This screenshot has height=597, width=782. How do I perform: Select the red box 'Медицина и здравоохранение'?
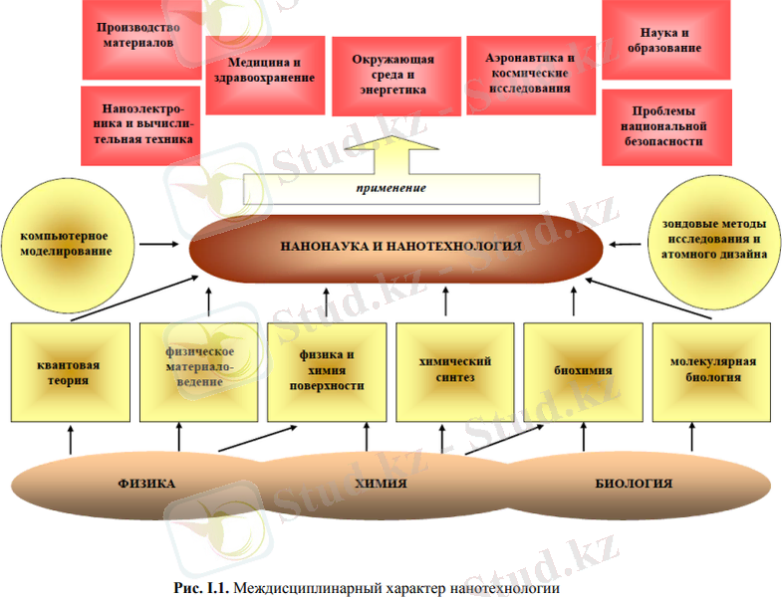tap(264, 70)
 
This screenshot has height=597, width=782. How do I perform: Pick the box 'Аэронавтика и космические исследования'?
tap(529, 73)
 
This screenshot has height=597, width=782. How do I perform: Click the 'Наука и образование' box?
tap(666, 40)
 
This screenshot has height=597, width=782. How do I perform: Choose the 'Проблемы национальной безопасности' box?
tap(667, 126)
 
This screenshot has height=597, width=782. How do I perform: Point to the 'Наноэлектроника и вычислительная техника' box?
tap(138, 124)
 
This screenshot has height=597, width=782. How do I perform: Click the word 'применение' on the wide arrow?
tap(391, 187)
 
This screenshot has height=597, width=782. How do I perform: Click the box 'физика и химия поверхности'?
tap(330, 371)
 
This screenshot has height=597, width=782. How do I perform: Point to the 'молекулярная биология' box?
tap(712, 371)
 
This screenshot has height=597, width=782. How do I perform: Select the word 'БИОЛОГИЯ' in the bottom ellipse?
tap(635, 484)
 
